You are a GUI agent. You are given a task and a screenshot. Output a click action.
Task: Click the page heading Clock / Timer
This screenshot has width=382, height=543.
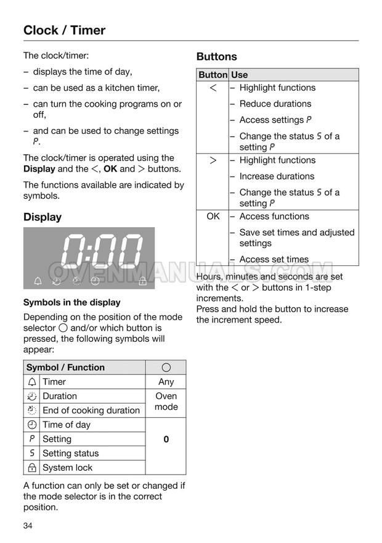point(64,30)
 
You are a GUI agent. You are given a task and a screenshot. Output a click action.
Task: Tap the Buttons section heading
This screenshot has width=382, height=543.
point(216,57)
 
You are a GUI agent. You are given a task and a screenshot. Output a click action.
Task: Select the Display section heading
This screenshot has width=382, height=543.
point(43,217)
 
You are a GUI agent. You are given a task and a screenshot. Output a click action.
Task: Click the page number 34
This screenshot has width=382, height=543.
point(28,526)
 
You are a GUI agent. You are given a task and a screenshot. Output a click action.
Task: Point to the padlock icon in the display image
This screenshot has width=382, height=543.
point(143,281)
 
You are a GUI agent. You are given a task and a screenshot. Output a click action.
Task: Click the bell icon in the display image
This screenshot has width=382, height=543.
point(38,281)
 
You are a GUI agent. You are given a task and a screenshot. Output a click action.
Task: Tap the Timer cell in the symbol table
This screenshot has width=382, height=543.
point(54,382)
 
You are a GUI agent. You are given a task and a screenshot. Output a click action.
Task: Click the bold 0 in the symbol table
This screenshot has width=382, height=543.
point(166,439)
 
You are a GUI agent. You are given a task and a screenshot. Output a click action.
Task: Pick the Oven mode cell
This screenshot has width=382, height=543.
point(166,402)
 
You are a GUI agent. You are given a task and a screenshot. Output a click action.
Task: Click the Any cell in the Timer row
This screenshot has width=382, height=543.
point(166,382)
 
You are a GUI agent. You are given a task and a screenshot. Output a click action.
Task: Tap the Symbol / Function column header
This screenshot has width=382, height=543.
point(65,368)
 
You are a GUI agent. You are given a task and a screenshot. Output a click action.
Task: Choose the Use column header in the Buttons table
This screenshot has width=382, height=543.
point(240,75)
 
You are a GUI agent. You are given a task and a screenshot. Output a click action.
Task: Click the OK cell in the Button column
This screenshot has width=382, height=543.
point(213,217)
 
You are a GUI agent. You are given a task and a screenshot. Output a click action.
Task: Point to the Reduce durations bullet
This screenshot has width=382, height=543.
point(275,104)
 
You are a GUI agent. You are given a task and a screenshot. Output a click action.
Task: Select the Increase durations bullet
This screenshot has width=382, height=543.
point(277,176)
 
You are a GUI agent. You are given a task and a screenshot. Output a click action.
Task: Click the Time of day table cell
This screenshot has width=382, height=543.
point(67,425)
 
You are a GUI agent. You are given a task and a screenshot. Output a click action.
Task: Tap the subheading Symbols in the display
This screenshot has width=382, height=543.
point(71,302)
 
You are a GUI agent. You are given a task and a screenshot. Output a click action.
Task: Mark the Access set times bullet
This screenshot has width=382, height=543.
point(274,260)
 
